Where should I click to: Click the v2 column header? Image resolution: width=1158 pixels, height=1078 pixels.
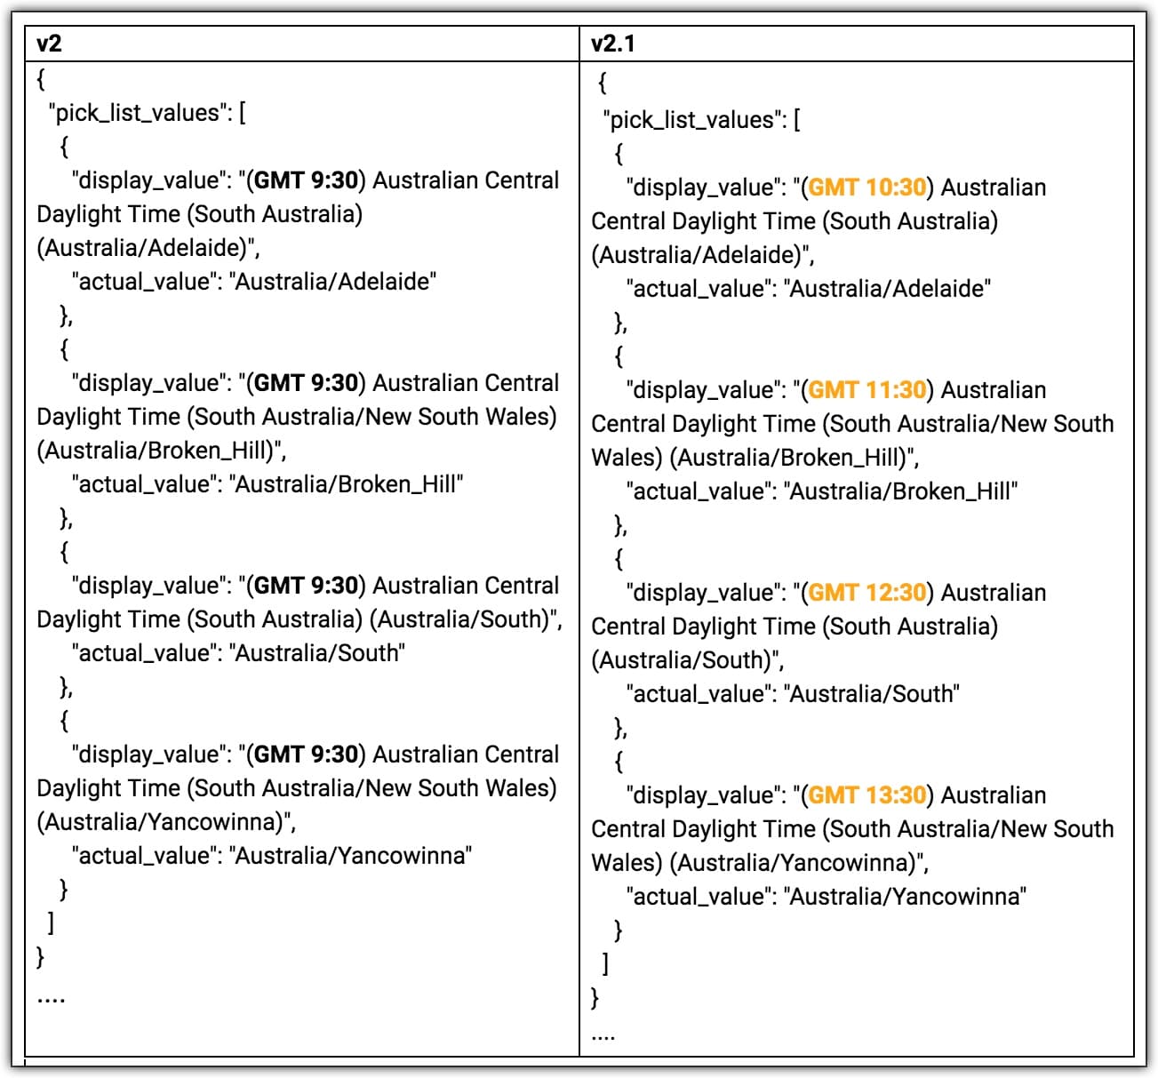point(50,43)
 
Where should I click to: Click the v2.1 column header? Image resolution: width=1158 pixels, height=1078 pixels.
point(613,43)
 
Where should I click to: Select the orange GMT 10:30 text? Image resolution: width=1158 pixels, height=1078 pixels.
point(867,188)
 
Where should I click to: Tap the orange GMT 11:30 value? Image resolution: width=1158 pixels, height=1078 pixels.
point(867,390)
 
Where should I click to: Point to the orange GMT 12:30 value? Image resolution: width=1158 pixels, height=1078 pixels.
point(867,593)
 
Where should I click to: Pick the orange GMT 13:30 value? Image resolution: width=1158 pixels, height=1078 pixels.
point(867,795)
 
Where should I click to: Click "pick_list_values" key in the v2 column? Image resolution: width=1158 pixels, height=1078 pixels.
point(138,113)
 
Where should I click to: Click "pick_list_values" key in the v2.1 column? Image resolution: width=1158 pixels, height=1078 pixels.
point(692,120)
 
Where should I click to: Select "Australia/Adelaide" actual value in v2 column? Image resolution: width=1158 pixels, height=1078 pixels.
point(333,282)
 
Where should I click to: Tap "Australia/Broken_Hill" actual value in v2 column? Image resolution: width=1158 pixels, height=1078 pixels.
point(347,484)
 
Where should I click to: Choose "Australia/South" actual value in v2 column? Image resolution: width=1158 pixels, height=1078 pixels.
point(317,653)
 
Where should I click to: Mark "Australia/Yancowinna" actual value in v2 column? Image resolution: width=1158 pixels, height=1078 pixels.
point(350,856)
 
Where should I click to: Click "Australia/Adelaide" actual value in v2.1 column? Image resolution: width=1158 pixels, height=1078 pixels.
point(888,289)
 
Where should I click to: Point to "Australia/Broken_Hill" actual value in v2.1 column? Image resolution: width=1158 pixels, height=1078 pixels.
point(901,491)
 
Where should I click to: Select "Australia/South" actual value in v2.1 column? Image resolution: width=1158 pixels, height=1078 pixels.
point(872,694)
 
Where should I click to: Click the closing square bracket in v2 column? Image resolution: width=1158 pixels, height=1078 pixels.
point(51,923)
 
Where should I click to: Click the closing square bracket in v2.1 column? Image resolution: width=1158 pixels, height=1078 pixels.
point(605,964)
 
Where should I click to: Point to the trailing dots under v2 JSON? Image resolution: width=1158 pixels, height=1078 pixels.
point(51,999)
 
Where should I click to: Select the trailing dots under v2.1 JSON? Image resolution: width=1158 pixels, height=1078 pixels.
point(603,1036)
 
